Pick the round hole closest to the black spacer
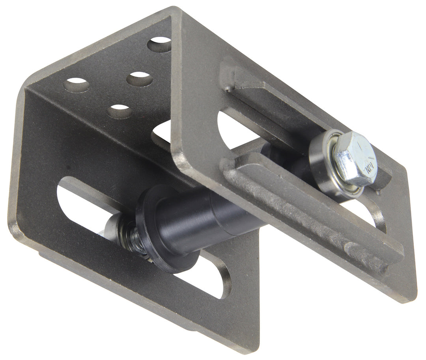(120, 112)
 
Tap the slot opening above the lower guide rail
(233, 130)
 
